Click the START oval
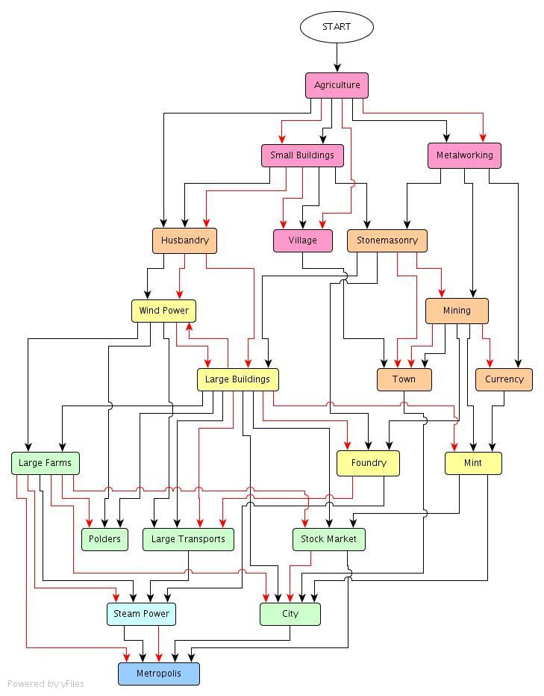[x=337, y=27]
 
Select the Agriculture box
[x=337, y=85]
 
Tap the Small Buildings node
[x=302, y=155]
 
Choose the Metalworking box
[x=464, y=155]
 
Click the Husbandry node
[x=184, y=240]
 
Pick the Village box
[x=302, y=240]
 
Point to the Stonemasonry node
[x=387, y=240]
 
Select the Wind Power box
[x=163, y=311]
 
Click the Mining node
[x=457, y=311]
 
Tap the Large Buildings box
[x=237, y=379]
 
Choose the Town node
[x=404, y=379]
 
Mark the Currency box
[x=504, y=379]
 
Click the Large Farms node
[x=45, y=463]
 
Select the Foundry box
[x=368, y=463]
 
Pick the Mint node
[x=473, y=463]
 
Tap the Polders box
[x=104, y=539]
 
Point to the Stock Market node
[x=328, y=539]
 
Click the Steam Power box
[x=141, y=614]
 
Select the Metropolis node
[x=158, y=674]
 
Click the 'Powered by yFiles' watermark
[x=46, y=683]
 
